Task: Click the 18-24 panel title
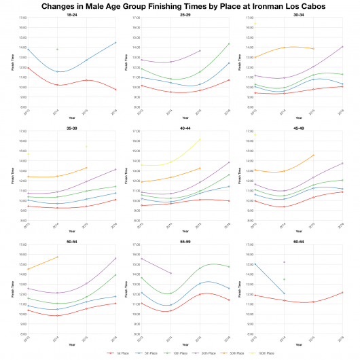click(71, 14)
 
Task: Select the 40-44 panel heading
click(185, 127)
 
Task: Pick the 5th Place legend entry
click(143, 353)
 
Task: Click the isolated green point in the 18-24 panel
click(57, 50)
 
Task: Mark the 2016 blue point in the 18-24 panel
click(115, 43)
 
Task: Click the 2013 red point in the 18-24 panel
click(27, 68)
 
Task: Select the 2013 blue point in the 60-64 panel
click(255, 264)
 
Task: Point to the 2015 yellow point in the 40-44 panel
click(200, 139)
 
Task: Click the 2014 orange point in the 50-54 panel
click(57, 257)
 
